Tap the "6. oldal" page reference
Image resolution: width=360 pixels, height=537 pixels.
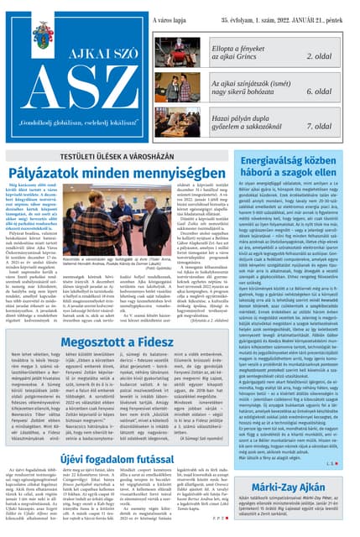322,91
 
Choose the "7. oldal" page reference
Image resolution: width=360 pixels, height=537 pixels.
322,126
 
